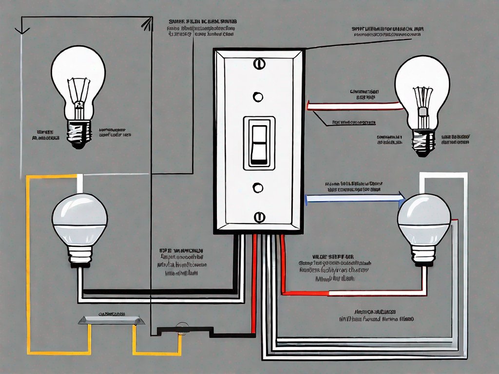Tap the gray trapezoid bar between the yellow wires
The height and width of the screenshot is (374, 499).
112,321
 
